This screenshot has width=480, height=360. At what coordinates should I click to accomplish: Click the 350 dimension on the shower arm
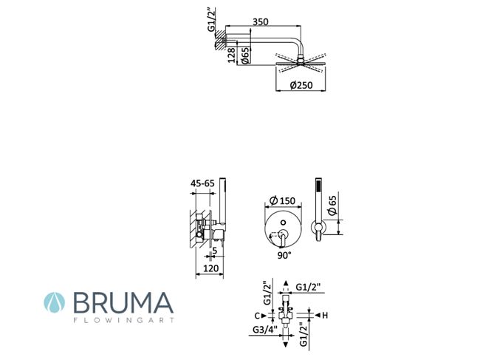261,21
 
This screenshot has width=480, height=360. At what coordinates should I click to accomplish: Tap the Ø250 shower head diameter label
301,85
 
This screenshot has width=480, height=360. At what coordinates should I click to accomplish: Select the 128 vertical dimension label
232,55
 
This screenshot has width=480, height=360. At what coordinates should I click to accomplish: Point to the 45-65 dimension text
202,183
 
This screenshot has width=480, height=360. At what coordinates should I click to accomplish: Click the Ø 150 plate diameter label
282,200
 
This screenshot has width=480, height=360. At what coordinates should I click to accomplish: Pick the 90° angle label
284,255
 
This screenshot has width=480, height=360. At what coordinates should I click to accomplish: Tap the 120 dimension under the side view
211,268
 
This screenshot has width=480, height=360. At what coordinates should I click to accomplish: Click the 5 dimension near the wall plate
215,251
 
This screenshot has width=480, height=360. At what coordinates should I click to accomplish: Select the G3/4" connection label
265,330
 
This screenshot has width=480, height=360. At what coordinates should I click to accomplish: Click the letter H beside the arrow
325,315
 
